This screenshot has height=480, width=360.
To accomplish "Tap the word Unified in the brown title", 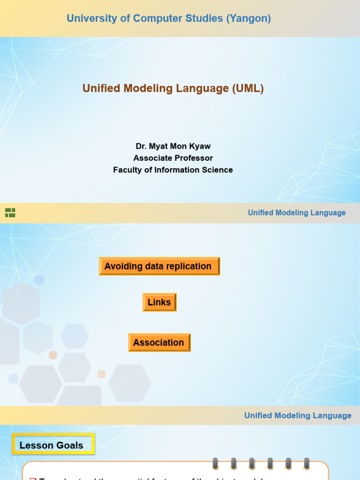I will tap(98, 88).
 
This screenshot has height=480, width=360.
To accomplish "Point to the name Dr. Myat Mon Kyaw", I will tap(173, 146).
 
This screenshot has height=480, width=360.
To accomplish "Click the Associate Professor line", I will tap(173, 158).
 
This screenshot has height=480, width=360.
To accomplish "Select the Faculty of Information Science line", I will tap(173, 170).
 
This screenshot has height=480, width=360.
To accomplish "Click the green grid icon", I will tap(10, 213).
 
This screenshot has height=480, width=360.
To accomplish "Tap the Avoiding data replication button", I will tap(159, 266).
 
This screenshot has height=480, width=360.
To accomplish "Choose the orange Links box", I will tap(159, 302).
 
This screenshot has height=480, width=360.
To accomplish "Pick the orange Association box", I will tap(159, 343).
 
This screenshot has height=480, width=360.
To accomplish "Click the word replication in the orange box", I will tap(188, 266).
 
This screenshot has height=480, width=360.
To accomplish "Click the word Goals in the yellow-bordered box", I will tap(70, 445).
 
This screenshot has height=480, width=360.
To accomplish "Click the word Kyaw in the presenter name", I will tap(200, 146).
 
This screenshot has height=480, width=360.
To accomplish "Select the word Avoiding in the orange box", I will tap(123, 266).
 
